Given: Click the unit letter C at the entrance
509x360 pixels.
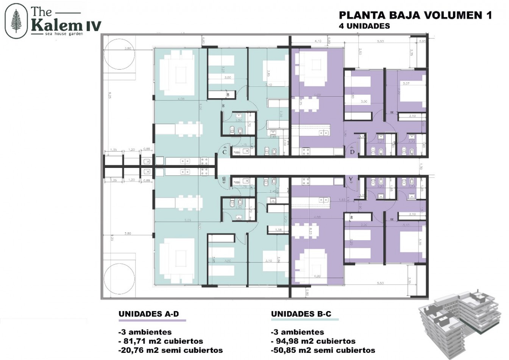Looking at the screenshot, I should (x=225, y=152).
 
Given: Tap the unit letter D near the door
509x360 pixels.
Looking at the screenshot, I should (x=352, y=152).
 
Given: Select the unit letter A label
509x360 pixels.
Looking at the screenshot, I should (x=351, y=178).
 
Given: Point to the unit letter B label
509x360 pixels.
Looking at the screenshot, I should (x=224, y=178).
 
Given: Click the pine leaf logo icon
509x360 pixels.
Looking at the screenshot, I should (x=16, y=22).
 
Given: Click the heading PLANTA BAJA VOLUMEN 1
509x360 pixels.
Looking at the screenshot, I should (x=415, y=15).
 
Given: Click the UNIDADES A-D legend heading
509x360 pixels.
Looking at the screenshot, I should (x=149, y=314).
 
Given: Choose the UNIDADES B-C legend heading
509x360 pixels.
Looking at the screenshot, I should (x=301, y=314).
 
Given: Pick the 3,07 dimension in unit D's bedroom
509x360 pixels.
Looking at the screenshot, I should (x=407, y=84).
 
